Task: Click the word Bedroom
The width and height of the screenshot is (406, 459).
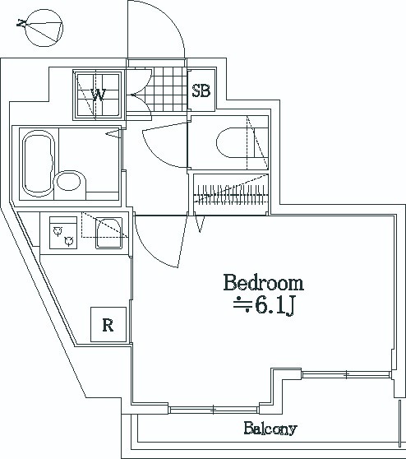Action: click(x=264, y=282)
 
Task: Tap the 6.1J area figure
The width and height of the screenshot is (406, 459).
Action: click(x=275, y=306)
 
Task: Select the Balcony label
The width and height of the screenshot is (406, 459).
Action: click(x=270, y=429)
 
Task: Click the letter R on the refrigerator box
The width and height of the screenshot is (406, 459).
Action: click(x=108, y=325)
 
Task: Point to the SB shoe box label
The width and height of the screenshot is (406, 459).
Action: click(x=201, y=90)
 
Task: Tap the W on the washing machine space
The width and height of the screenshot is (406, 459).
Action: click(x=98, y=95)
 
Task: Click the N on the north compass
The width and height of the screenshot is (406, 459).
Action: click(x=21, y=23)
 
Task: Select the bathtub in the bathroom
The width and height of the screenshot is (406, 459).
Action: click(x=39, y=164)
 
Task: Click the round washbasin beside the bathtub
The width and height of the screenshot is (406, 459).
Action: click(x=68, y=181)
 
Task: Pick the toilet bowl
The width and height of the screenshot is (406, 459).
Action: click(x=234, y=142)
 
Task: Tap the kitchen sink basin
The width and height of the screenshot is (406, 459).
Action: click(x=108, y=234)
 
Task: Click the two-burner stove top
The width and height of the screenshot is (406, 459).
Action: click(x=63, y=233)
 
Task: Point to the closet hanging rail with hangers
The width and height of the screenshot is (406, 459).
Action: click(x=231, y=194)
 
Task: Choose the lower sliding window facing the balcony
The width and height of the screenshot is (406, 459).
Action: click(x=214, y=409)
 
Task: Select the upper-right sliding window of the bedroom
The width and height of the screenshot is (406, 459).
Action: click(x=346, y=374)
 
